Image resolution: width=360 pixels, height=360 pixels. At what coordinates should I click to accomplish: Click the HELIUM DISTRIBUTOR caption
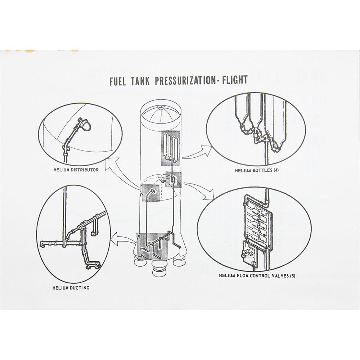[x=76, y=170]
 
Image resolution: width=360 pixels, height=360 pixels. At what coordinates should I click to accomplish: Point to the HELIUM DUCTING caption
[x=71, y=288]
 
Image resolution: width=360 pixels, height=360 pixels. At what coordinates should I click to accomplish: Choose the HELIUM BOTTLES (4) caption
[x=257, y=171]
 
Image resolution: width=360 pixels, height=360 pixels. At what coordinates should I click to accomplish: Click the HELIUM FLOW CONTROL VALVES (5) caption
[x=257, y=275]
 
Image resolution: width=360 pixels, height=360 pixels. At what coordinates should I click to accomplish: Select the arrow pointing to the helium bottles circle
[x=197, y=153]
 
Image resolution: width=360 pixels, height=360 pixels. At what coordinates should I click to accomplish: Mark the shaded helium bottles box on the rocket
[x=171, y=148]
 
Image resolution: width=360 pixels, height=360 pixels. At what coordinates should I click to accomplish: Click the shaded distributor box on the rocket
[x=150, y=193]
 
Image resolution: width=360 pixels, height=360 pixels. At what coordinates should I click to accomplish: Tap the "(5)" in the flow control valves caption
[x=292, y=275]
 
